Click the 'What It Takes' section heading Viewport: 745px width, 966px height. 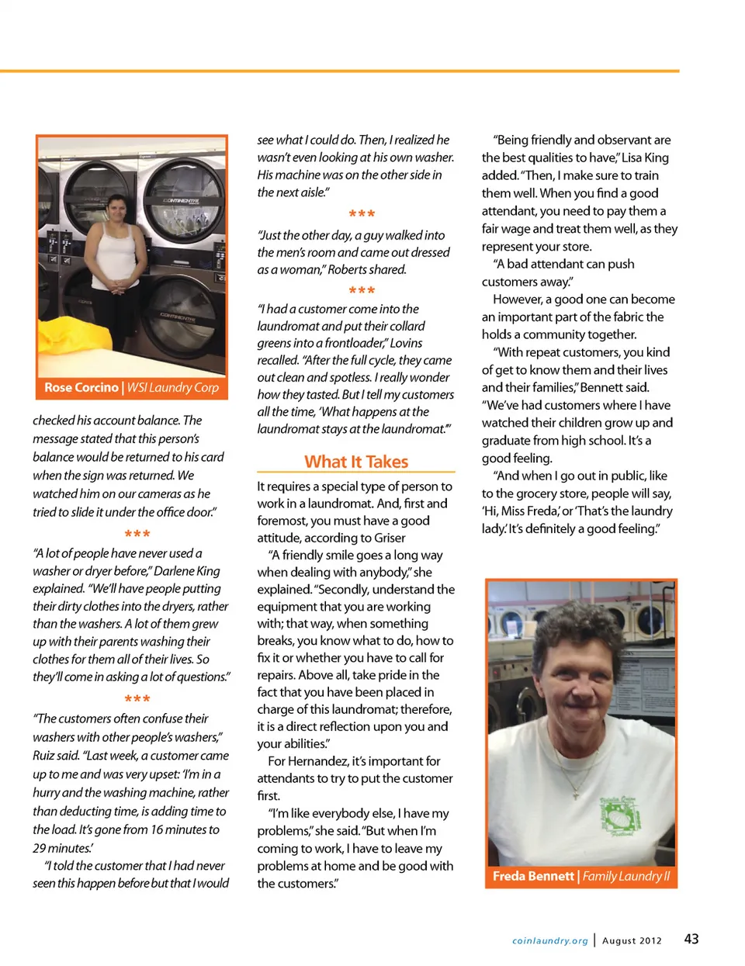[x=356, y=462]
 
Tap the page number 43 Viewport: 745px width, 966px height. [x=691, y=939]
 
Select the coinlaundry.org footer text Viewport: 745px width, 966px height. [x=549, y=940]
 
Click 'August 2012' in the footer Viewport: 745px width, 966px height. [x=632, y=940]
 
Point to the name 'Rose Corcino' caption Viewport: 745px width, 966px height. [x=81, y=387]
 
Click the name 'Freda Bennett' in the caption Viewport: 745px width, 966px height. [x=533, y=876]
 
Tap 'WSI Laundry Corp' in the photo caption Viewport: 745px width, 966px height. [x=173, y=387]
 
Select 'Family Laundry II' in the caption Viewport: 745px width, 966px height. [x=626, y=876]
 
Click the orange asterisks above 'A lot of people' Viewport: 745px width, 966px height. [x=137, y=534]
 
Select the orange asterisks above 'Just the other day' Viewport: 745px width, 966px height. [x=362, y=213]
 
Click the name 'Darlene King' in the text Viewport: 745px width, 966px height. [x=187, y=571]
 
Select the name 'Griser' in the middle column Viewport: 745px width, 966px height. [x=389, y=538]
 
